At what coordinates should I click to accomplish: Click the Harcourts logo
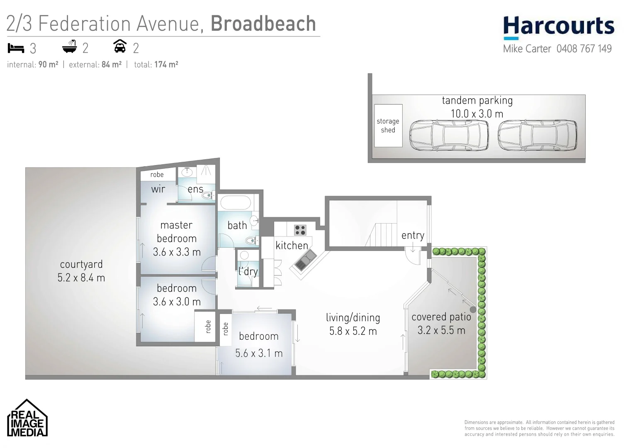558,27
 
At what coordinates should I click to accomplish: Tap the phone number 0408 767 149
584,49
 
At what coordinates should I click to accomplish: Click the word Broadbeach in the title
263,24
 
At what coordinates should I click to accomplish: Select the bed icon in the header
16,49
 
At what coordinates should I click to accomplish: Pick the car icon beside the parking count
120,46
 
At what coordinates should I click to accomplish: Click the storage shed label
388,126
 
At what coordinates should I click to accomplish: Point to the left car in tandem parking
449,136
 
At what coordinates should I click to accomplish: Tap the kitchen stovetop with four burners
300,230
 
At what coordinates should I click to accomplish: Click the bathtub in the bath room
236,203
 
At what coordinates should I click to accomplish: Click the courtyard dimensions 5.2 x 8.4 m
81,278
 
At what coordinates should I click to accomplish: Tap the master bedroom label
177,231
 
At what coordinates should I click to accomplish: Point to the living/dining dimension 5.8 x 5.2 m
353,331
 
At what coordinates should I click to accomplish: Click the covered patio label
441,317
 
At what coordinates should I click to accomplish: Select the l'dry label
248,271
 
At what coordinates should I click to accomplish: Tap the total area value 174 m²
166,65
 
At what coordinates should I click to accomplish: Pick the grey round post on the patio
473,309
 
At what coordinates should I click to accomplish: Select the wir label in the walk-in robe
158,189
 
